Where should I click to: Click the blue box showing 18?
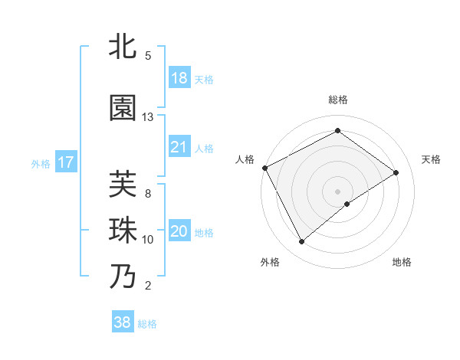pyautogui.click(x=179, y=78)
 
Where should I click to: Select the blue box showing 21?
pyautogui.click(x=179, y=147)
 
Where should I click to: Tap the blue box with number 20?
pyautogui.click(x=179, y=232)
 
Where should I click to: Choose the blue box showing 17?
pyautogui.click(x=66, y=162)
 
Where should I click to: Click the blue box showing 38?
pyautogui.click(x=123, y=322)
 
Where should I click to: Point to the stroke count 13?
pyautogui.click(x=148, y=117)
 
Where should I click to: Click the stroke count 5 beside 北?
pyautogui.click(x=148, y=56)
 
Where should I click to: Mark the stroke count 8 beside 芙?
pyautogui.click(x=148, y=194)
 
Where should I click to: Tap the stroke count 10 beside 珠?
pyautogui.click(x=148, y=240)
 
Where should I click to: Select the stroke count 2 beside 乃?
pyautogui.click(x=148, y=286)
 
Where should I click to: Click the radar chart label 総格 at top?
pyautogui.click(x=338, y=100)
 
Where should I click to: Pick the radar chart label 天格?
pyautogui.click(x=432, y=159)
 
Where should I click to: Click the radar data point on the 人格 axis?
pyautogui.click(x=264, y=168)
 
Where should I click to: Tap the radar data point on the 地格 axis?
pyautogui.click(x=347, y=204)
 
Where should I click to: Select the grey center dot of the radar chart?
pyautogui.click(x=338, y=191)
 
